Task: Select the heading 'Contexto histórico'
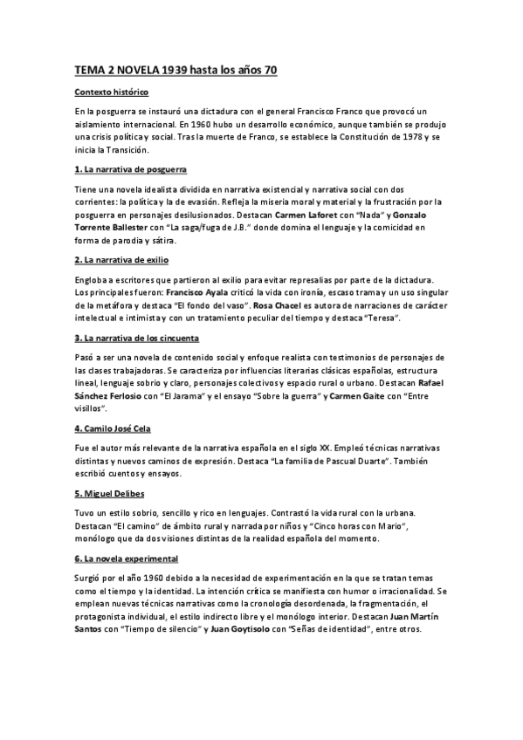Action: pyautogui.click(x=112, y=92)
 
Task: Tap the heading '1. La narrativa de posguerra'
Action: pyautogui.click(x=131, y=168)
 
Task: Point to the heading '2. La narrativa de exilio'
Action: pyautogui.click(x=125, y=260)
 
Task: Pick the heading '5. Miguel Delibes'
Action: pyautogui.click(x=109, y=493)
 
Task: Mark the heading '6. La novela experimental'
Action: pyautogui.click(x=127, y=558)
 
